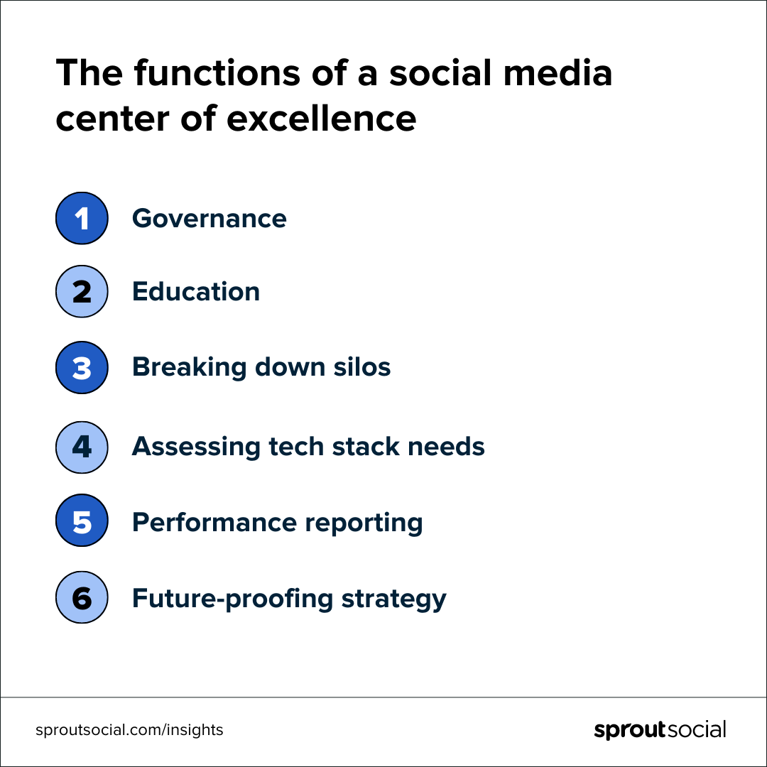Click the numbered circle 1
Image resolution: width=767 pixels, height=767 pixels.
pyautogui.click(x=82, y=218)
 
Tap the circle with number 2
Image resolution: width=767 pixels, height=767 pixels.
pyautogui.click(x=82, y=292)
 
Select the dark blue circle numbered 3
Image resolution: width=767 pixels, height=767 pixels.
pyautogui.click(x=82, y=367)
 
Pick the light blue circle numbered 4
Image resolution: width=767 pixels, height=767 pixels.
pyautogui.click(x=82, y=447)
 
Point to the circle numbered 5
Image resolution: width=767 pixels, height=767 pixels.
pyautogui.click(x=82, y=521)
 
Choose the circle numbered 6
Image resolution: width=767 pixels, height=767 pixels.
pyautogui.click(x=82, y=597)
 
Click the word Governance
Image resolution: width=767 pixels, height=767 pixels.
pyautogui.click(x=210, y=218)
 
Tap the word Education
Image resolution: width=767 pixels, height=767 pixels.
pyautogui.click(x=196, y=292)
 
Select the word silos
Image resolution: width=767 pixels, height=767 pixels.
pyautogui.click(x=362, y=367)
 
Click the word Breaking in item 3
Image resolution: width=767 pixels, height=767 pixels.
pyautogui.click(x=190, y=368)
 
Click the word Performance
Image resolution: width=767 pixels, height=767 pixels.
pyautogui.click(x=214, y=523)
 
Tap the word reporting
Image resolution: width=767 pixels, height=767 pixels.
pyautogui.click(x=364, y=523)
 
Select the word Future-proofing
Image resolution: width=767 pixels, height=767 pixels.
pyautogui.click(x=232, y=599)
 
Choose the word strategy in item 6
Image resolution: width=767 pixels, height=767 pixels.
pyautogui.click(x=393, y=599)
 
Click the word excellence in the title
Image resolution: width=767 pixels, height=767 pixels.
pyautogui.click(x=322, y=119)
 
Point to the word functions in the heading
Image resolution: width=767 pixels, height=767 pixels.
pyautogui.click(x=217, y=72)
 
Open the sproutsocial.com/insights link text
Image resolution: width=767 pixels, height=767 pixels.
pyautogui.click(x=129, y=730)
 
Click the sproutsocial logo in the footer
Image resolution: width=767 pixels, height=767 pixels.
pyautogui.click(x=660, y=730)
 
